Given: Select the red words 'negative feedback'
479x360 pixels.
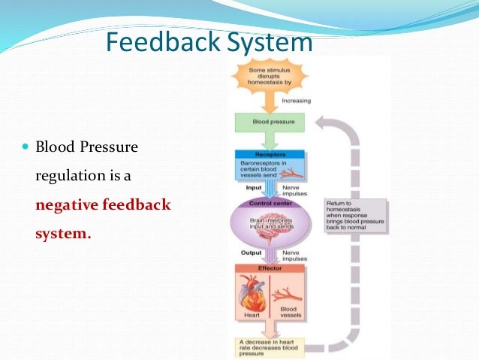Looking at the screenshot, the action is tap(104, 204).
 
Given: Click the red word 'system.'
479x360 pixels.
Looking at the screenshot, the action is tap(63, 233).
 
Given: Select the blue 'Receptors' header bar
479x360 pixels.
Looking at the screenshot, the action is tap(270, 153).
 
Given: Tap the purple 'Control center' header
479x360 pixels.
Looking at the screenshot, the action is tap(270, 201).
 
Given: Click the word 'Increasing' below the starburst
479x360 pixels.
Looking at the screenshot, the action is tap(296, 101).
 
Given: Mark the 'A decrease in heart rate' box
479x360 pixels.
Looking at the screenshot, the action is tap(269, 346).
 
